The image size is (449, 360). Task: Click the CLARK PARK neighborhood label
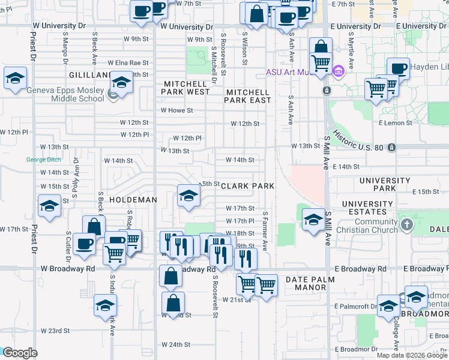[x=248, y=186]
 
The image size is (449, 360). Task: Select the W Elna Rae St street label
[x=128, y=62]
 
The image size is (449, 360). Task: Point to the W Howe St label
[x=176, y=110]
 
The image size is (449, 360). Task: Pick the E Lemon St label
[x=399, y=123]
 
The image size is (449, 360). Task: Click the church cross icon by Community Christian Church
[x=407, y=225]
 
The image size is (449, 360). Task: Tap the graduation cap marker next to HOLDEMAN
[x=188, y=196]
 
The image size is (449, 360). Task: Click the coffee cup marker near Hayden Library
[x=397, y=69]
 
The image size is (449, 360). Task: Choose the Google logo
[x=20, y=353]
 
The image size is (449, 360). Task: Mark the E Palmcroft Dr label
[x=357, y=306]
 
